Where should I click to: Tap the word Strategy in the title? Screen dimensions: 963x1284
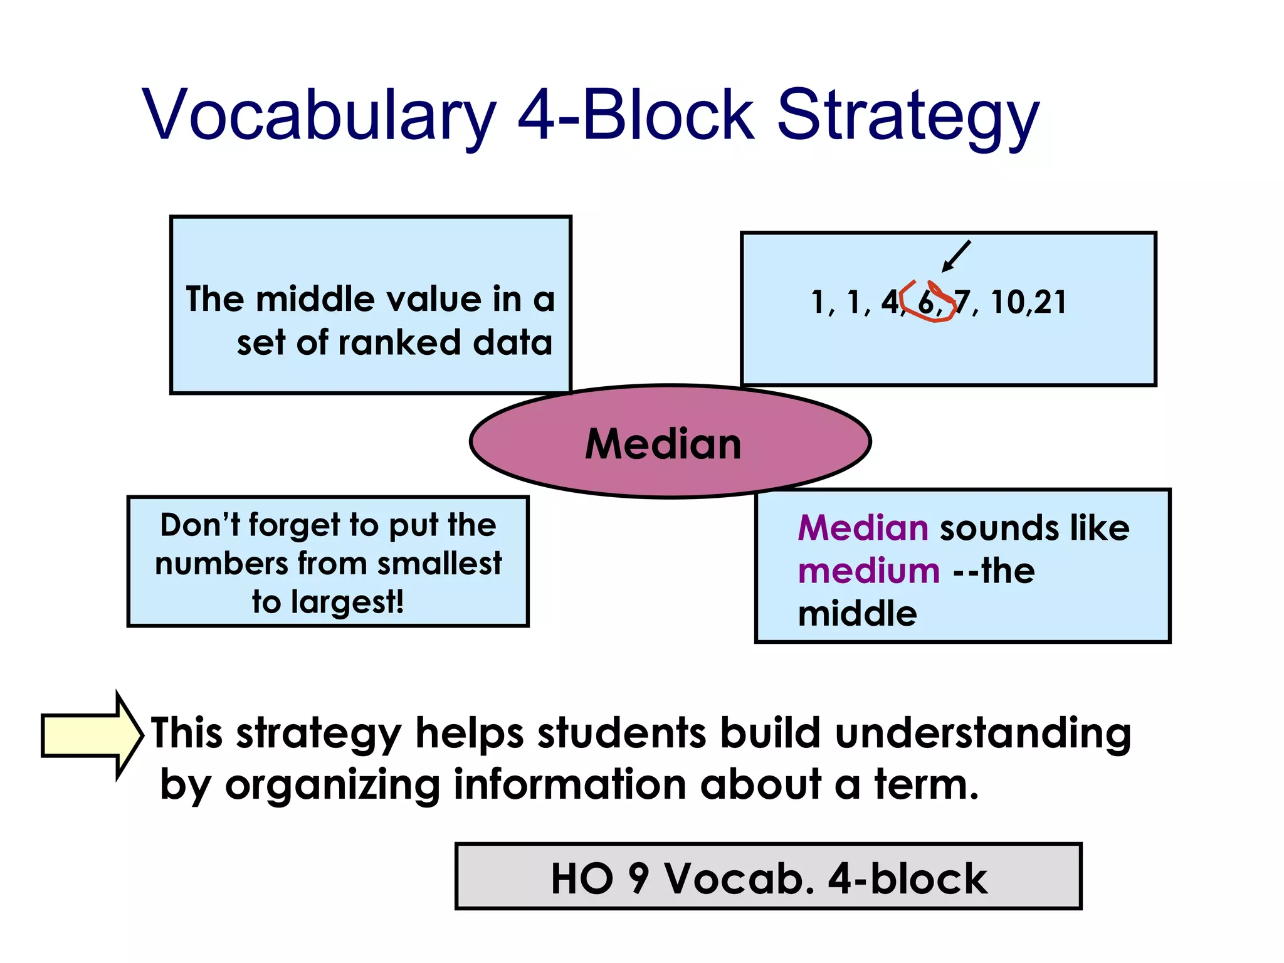[x=908, y=116]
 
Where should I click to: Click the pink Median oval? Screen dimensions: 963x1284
[x=670, y=442]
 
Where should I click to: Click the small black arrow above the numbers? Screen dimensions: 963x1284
[x=956, y=256]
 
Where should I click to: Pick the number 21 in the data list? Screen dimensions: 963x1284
[x=1051, y=302]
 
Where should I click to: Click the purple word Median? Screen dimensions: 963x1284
[x=863, y=527]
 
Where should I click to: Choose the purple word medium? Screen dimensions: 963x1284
[x=869, y=571]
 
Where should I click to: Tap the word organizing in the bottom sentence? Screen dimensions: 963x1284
[x=332, y=784]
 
